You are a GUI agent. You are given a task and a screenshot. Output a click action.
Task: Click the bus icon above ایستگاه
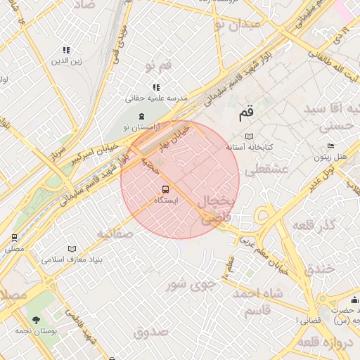click(x=166, y=189)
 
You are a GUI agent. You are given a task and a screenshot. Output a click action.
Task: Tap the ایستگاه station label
click(x=166, y=200)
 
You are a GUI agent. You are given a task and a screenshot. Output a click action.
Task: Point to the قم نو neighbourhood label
click(x=158, y=66)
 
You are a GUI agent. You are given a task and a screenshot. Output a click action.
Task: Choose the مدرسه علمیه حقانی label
click(x=157, y=98)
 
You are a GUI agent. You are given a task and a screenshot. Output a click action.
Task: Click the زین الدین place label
click(x=67, y=61)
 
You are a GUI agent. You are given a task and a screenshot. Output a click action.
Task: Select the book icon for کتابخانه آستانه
click(x=249, y=136)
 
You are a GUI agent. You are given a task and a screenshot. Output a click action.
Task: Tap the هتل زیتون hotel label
click(x=330, y=157)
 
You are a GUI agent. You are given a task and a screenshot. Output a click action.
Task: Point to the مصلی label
click(x=14, y=249)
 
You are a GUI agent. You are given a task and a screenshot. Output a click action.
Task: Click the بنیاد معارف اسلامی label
click(x=72, y=259)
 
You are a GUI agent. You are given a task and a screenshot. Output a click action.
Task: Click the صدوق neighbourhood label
click(x=150, y=331)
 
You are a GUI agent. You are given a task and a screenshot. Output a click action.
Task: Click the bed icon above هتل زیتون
click(x=330, y=146)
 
